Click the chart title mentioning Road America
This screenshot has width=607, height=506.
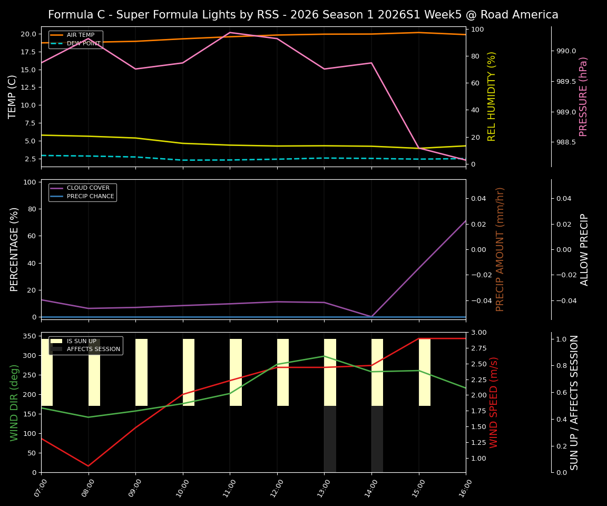click(303, 15)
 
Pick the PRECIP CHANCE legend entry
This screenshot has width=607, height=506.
click(90, 197)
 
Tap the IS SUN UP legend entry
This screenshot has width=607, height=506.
click(81, 341)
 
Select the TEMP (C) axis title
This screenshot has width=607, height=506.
click(13, 96)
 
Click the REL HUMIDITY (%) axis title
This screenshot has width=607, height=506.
click(492, 96)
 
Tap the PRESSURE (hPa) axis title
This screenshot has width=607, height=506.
click(583, 96)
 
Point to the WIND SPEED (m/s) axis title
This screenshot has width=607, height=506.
click(494, 402)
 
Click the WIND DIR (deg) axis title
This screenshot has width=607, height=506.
click(14, 402)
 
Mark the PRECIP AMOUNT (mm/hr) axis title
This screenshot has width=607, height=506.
click(500, 249)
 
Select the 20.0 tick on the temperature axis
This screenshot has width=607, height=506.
click(28, 34)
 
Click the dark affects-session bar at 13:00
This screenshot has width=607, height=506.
click(330, 439)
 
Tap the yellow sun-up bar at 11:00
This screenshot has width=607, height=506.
click(236, 372)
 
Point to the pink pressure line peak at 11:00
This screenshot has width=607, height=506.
click(230, 33)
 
